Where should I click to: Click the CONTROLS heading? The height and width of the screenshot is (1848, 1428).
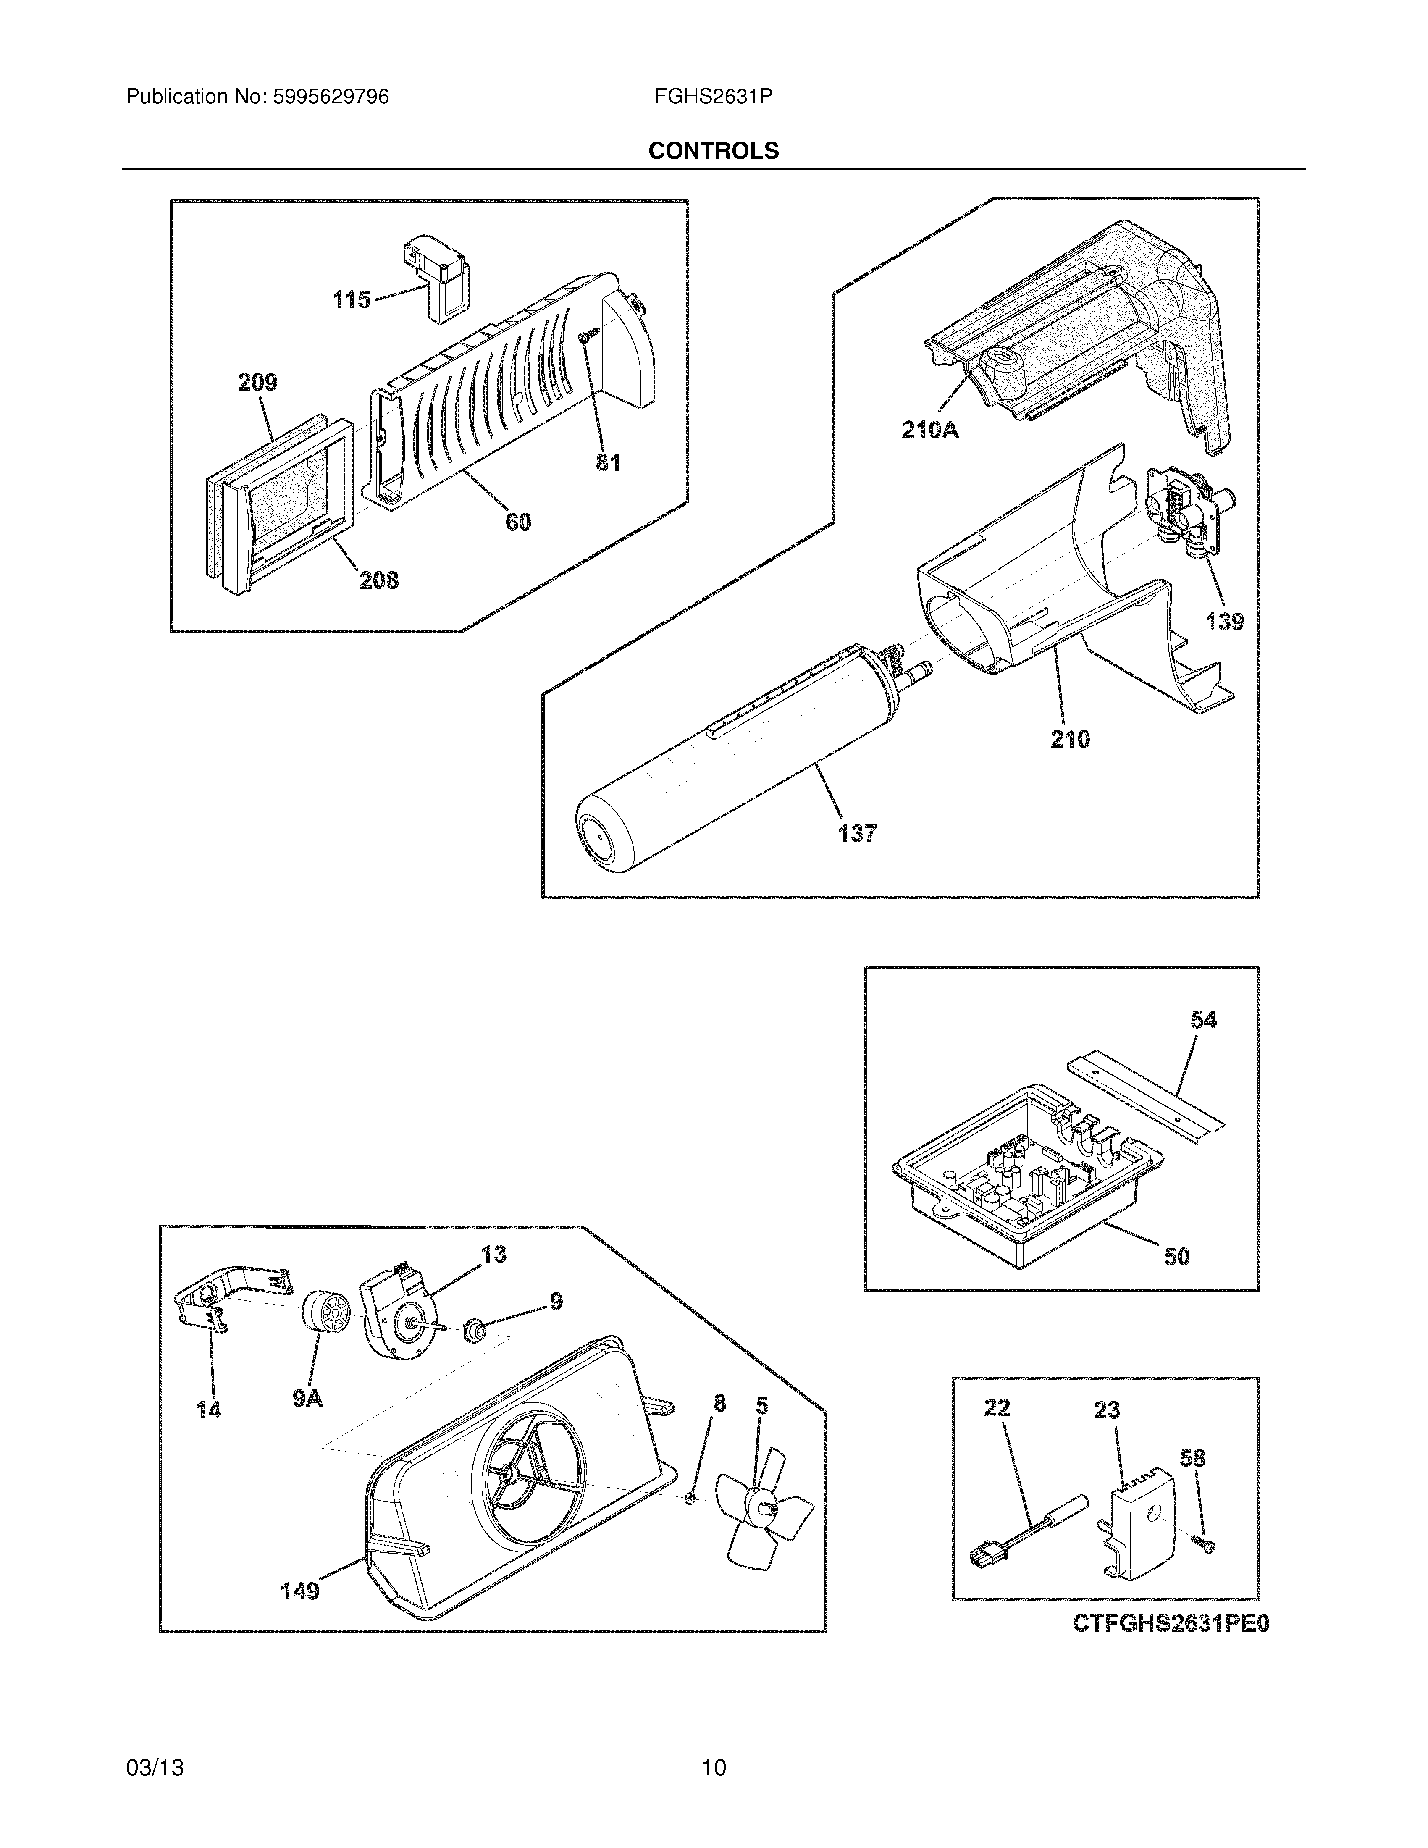[713, 151]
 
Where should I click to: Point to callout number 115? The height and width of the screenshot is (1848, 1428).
[351, 299]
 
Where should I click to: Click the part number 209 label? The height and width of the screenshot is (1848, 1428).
[257, 383]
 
